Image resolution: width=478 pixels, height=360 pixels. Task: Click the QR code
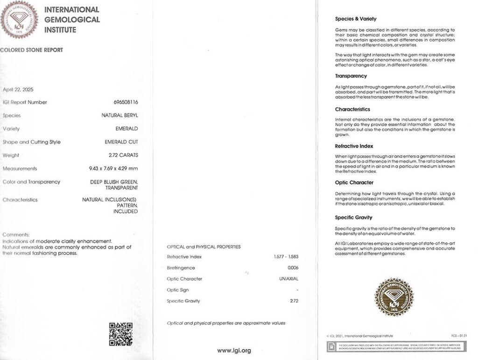pos(120,334)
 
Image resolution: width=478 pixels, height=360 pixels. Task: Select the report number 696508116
pos(126,102)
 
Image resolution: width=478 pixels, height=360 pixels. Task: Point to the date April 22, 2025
pos(18,89)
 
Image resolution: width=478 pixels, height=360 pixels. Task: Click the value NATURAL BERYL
pos(120,115)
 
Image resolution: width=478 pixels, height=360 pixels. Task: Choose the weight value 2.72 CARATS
pos(123,155)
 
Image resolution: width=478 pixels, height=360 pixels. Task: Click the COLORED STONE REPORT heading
pos(31,50)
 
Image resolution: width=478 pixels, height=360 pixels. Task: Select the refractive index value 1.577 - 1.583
pos(286,257)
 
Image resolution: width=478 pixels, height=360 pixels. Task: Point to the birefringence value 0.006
pos(293,268)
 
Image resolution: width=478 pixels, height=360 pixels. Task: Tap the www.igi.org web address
pos(234,350)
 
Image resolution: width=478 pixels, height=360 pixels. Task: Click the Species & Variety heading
pos(356,19)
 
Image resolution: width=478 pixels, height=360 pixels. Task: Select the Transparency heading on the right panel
pos(351,76)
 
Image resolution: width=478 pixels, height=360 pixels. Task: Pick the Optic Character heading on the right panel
pos(354,183)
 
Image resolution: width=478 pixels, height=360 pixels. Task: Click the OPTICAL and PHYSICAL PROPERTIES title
pos(204,247)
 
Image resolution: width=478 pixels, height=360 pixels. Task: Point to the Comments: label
pos(16,234)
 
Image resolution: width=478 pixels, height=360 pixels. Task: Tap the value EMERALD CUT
pos(121,142)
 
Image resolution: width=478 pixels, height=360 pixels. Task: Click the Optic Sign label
pos(177,290)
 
